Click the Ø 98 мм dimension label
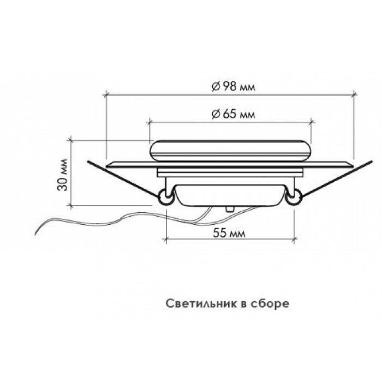[x=233, y=86]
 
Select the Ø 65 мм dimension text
[x=233, y=114]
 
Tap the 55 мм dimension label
[x=229, y=233]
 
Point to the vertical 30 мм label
[x=63, y=175]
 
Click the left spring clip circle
[x=165, y=197]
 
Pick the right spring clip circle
[x=295, y=197]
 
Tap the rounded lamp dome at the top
[x=231, y=150]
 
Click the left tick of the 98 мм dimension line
[x=106, y=95]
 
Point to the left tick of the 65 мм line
[x=150, y=121]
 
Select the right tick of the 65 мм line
[x=312, y=121]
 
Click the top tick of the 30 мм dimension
[x=70, y=140]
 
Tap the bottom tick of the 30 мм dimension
[x=70, y=206]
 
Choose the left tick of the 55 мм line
[x=166, y=240]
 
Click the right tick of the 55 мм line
[x=295, y=240]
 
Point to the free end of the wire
[x=35, y=234]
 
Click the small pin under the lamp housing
[x=230, y=208]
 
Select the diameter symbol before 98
[x=216, y=86]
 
